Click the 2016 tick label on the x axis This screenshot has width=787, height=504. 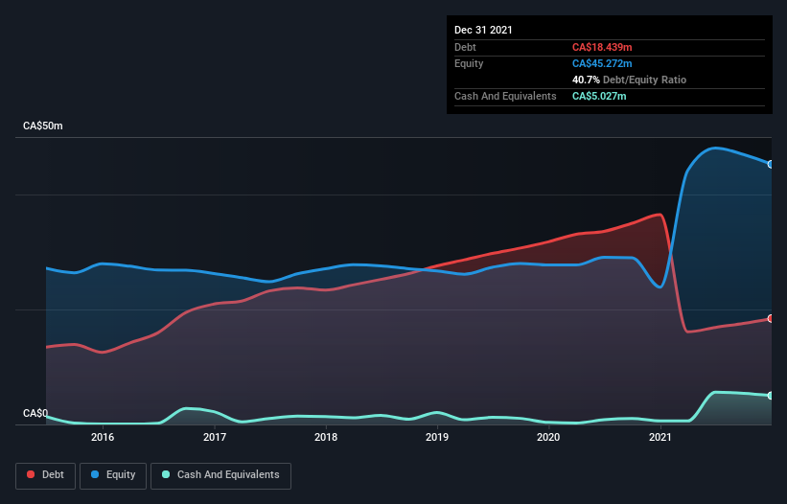pos(103,438)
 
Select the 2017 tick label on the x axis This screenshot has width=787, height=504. pos(215,438)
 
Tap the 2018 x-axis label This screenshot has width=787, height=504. pos(326,438)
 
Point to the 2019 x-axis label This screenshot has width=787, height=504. pos(437,438)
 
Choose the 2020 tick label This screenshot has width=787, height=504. pos(548,438)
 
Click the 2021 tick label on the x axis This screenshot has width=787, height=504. pos(660,438)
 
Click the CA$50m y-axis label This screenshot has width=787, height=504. pos(42,126)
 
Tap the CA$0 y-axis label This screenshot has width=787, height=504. pos(35,414)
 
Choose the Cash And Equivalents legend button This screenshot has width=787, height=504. pos(220,475)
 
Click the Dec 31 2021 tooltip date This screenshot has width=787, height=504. pos(483,30)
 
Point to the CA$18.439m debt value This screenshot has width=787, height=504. pos(601,47)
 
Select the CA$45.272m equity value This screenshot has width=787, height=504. pos(601,63)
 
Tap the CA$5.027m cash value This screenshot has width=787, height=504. pos(598,96)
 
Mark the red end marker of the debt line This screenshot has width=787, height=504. pos(771,318)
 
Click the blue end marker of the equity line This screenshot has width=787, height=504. pos(771,164)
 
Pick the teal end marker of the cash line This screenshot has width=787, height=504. pos(771,396)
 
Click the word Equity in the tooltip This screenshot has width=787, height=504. pos(469,63)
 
